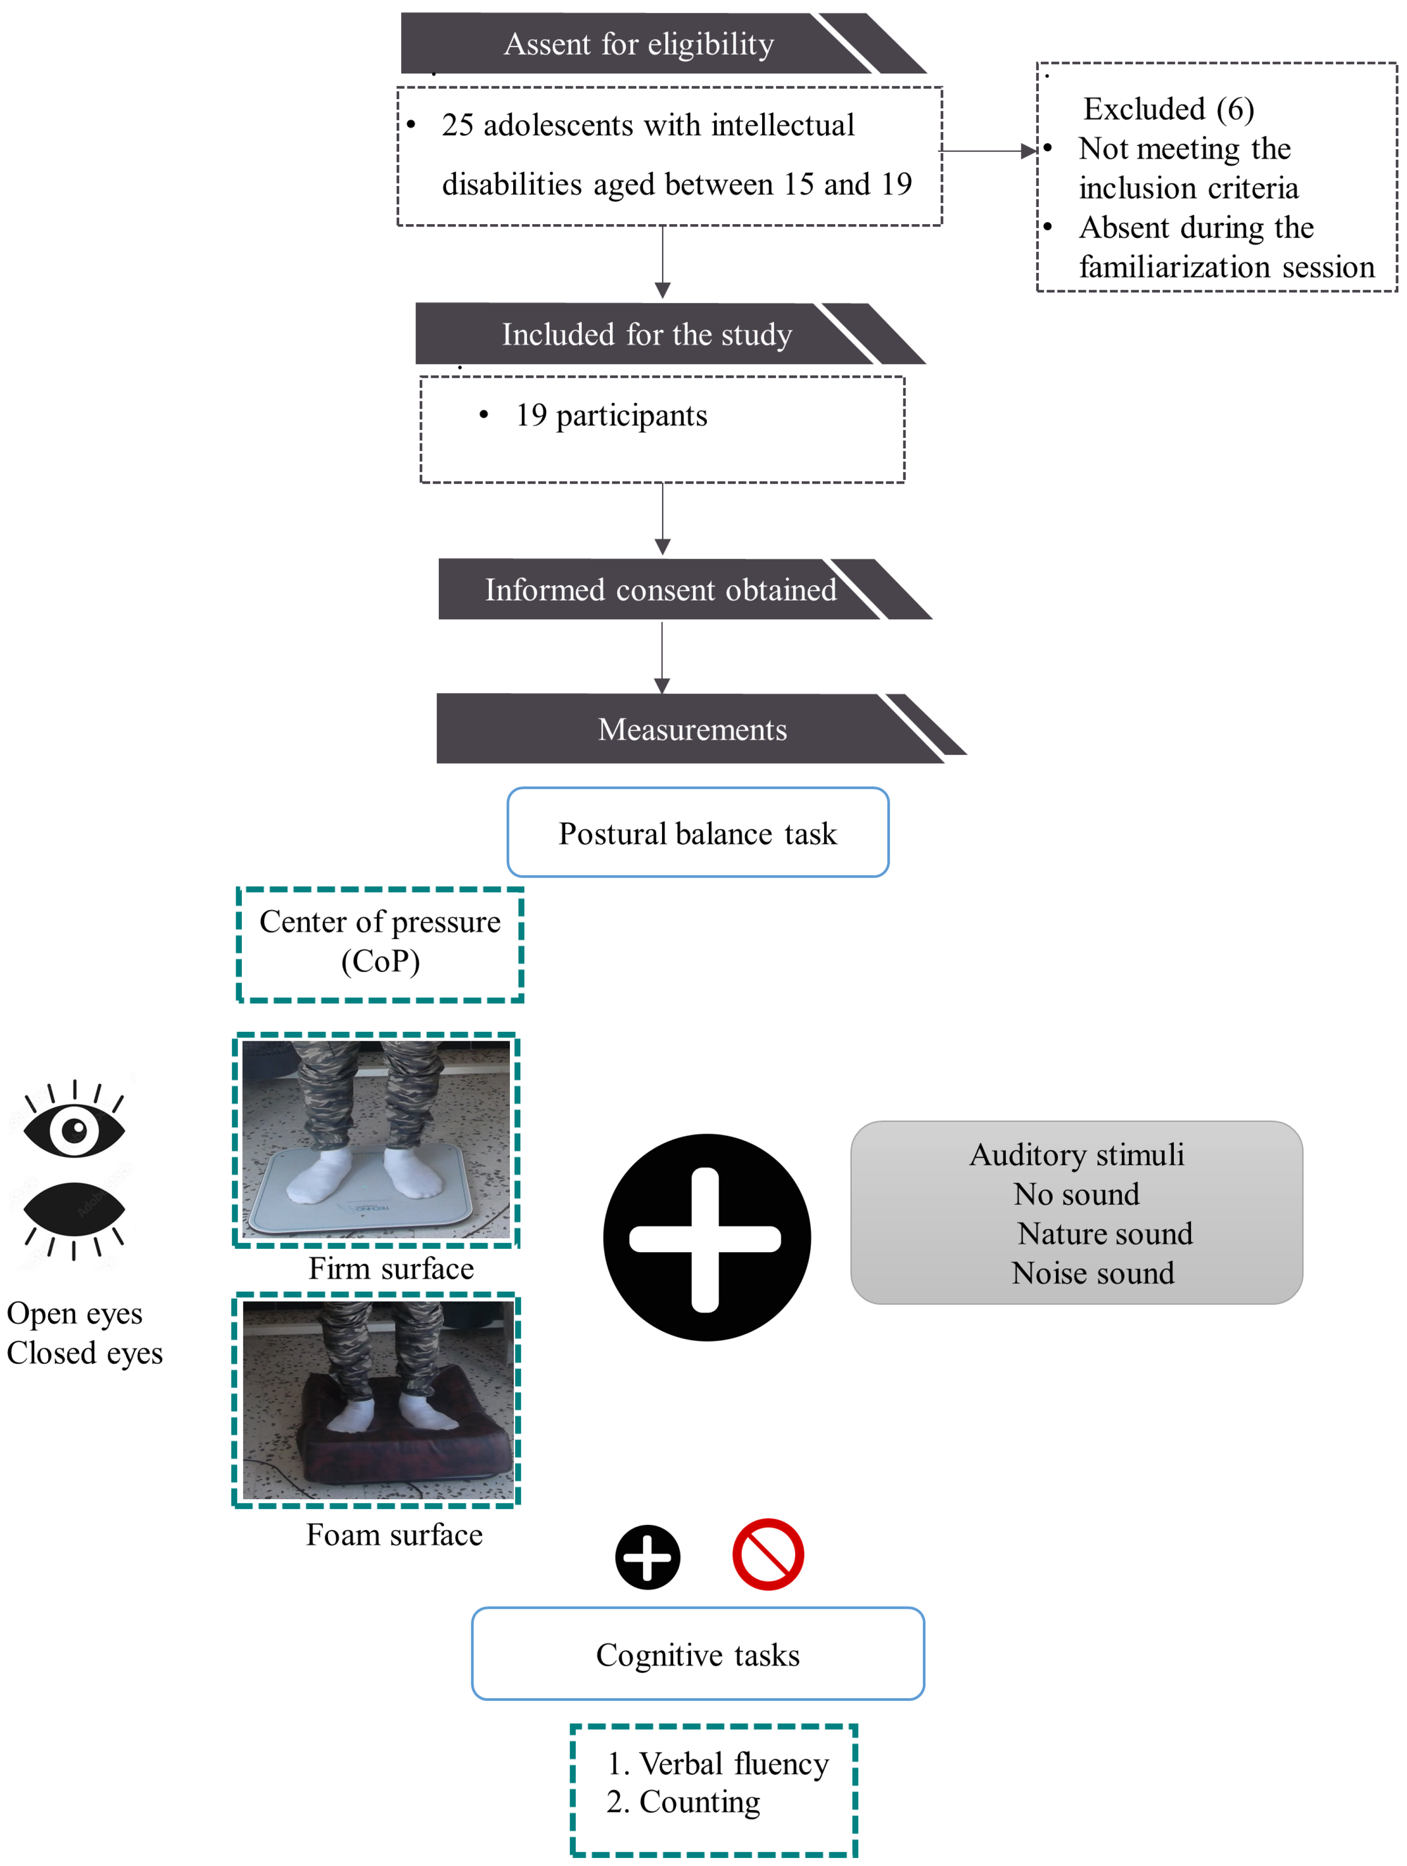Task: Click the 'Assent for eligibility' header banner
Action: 639,44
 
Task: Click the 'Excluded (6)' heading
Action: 1168,109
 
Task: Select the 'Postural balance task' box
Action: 698,833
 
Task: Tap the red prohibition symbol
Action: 767,1555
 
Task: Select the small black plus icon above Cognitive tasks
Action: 647,1556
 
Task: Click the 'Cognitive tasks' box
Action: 698,1654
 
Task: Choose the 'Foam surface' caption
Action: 394,1534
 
